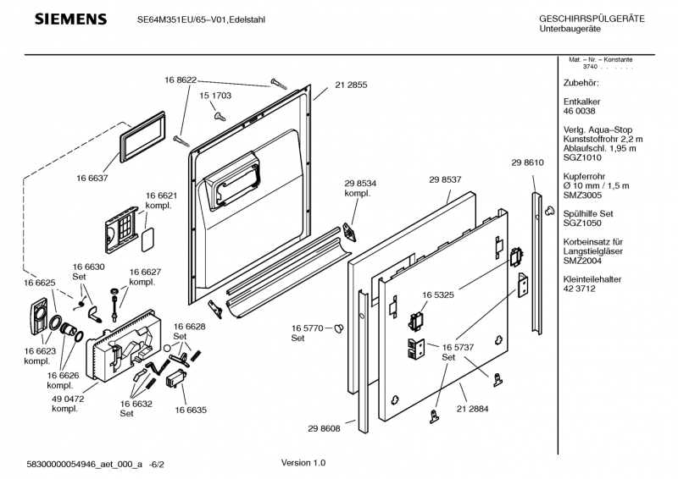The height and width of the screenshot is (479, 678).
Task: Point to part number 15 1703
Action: click(214, 97)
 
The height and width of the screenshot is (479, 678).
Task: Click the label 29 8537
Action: click(445, 179)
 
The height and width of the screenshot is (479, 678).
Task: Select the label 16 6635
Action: click(191, 410)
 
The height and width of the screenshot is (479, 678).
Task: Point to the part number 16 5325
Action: click(437, 295)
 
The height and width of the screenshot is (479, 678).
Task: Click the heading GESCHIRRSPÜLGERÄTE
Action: click(592, 19)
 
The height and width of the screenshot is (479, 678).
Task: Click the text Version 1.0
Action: click(303, 463)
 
